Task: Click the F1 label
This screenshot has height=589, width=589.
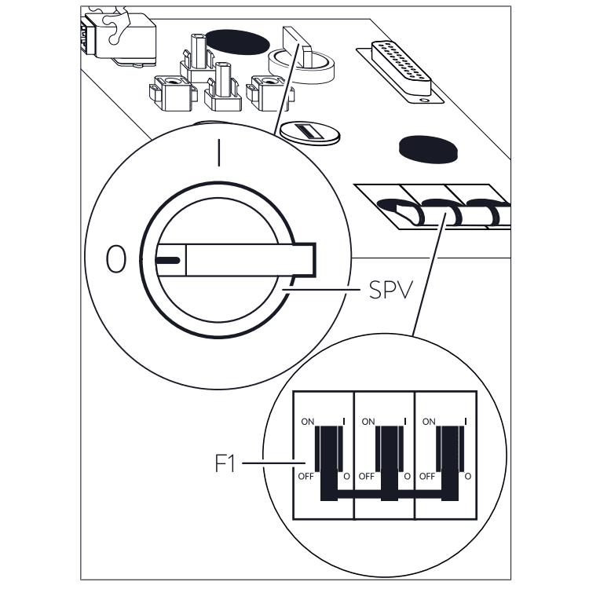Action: click(225, 463)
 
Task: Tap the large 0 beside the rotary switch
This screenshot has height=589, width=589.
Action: click(115, 260)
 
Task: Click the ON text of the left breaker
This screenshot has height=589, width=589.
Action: click(307, 422)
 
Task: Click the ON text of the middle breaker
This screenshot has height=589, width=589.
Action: click(368, 422)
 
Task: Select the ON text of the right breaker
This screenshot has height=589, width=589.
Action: click(429, 422)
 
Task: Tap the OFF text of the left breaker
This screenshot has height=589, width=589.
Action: click(306, 476)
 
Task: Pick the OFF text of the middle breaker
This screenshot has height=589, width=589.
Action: click(367, 476)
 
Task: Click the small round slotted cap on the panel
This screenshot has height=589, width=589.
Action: click(310, 134)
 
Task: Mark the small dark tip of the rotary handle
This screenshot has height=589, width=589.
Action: click(168, 260)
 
